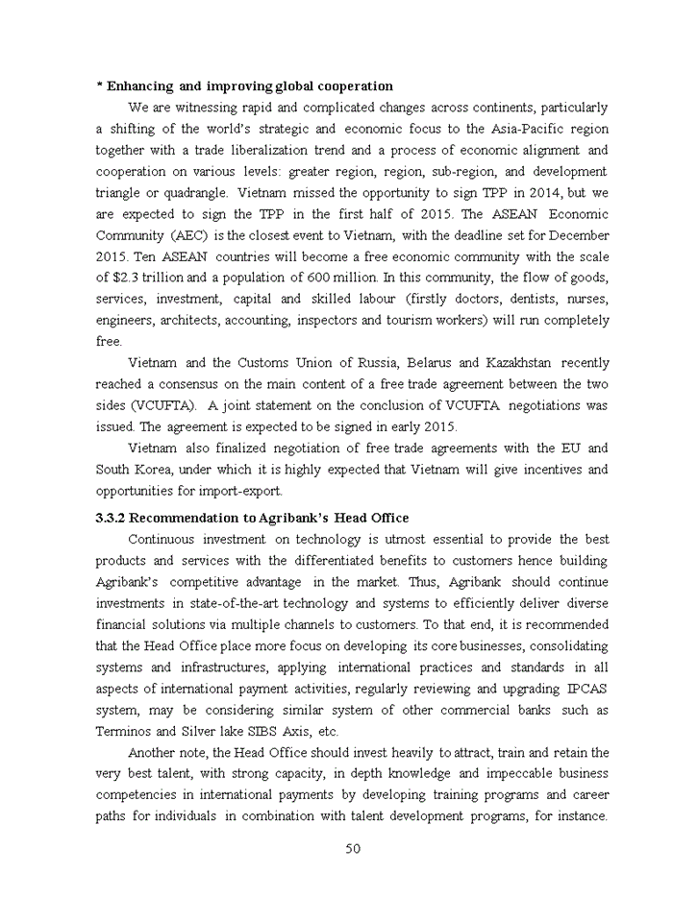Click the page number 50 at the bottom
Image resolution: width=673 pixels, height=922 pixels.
click(352, 848)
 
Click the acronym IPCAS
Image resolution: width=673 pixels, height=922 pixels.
click(585, 689)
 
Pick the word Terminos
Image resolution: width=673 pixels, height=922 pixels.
click(124, 731)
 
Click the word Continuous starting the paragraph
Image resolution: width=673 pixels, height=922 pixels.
click(164, 539)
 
